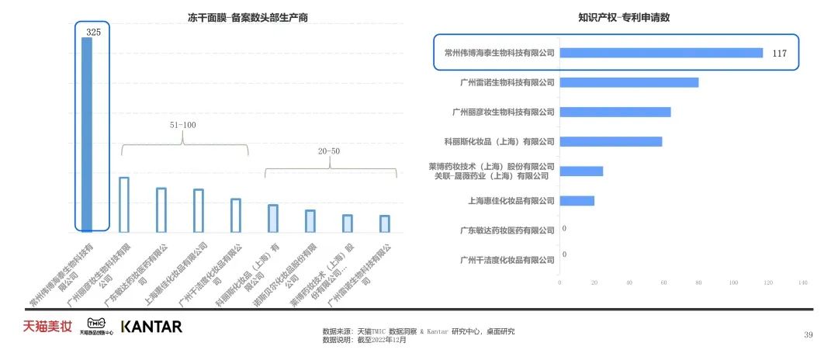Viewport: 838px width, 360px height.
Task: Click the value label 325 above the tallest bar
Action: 93,32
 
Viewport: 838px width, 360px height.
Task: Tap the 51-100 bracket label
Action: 183,124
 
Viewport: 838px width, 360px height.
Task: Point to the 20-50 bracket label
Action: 330,151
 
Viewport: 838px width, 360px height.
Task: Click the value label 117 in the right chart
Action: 780,54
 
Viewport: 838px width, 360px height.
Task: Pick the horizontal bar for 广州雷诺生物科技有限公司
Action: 628,82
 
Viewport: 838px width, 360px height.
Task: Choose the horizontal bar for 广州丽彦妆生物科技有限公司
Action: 615,112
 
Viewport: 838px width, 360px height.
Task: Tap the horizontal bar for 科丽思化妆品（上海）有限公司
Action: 611,141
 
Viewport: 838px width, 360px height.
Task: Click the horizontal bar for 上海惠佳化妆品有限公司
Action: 577,201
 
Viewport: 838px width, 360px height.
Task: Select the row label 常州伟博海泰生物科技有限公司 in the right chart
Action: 500,53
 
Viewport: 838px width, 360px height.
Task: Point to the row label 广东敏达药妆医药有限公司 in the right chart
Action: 507,230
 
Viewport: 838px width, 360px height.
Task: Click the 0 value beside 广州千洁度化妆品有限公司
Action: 563,254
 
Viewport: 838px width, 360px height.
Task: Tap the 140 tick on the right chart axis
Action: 802,282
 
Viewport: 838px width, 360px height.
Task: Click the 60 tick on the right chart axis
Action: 664,282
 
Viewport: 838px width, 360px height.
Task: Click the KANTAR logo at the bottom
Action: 151,327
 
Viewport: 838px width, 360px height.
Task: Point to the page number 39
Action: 808,334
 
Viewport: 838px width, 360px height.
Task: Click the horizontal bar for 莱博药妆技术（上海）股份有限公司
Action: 580,171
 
